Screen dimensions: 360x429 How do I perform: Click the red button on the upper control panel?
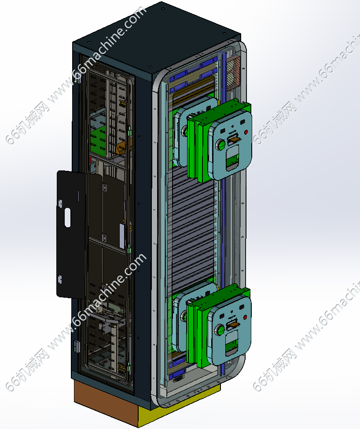tap(246, 133)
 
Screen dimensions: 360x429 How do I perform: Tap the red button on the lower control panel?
tap(245, 318)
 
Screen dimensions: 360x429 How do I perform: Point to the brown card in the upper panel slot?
tap(235, 140)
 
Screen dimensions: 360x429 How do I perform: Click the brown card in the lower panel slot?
tap(234, 325)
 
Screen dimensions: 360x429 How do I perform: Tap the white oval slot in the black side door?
tap(67, 218)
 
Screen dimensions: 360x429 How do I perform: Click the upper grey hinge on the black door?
tap(60, 203)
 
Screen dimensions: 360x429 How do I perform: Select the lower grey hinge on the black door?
tap(59, 279)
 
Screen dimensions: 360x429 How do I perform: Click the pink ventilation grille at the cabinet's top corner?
tap(233, 73)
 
